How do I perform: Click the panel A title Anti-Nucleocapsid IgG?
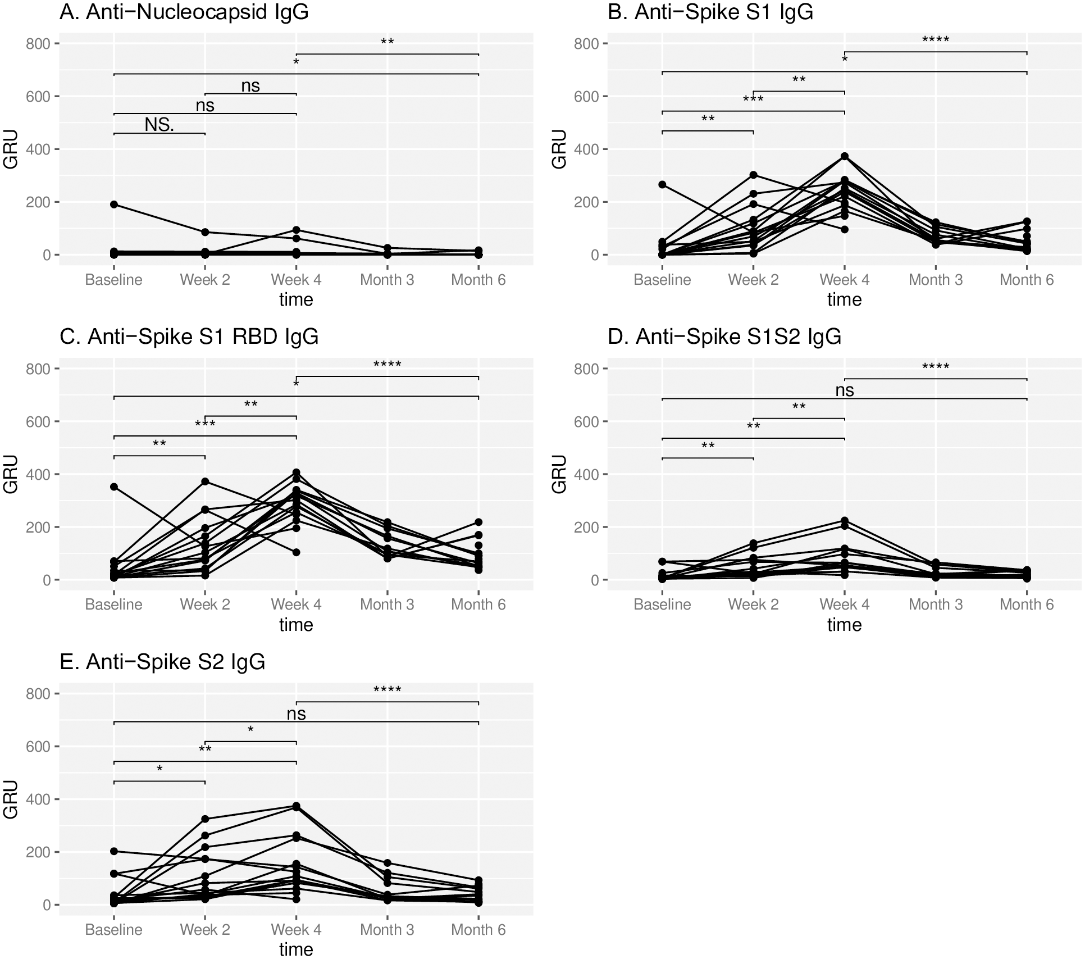click(x=184, y=12)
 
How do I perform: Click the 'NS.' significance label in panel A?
click(x=159, y=125)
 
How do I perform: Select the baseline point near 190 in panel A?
click(x=114, y=204)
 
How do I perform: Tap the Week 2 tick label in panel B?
click(x=753, y=280)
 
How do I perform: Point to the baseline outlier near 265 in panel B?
click(x=663, y=185)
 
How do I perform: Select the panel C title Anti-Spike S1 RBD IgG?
click(x=189, y=337)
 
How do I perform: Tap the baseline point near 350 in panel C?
click(x=114, y=487)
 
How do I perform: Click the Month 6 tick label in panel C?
click(x=478, y=605)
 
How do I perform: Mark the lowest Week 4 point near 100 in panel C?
click(x=297, y=553)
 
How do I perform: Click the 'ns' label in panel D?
click(x=845, y=390)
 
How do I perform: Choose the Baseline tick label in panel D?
click(x=662, y=605)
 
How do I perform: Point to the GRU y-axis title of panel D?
click(x=559, y=474)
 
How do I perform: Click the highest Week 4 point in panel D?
click(x=845, y=521)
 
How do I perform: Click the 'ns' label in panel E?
click(x=297, y=714)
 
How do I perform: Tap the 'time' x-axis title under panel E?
click(x=296, y=949)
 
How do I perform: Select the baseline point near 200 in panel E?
click(x=114, y=852)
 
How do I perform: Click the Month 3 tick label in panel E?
click(x=387, y=930)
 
